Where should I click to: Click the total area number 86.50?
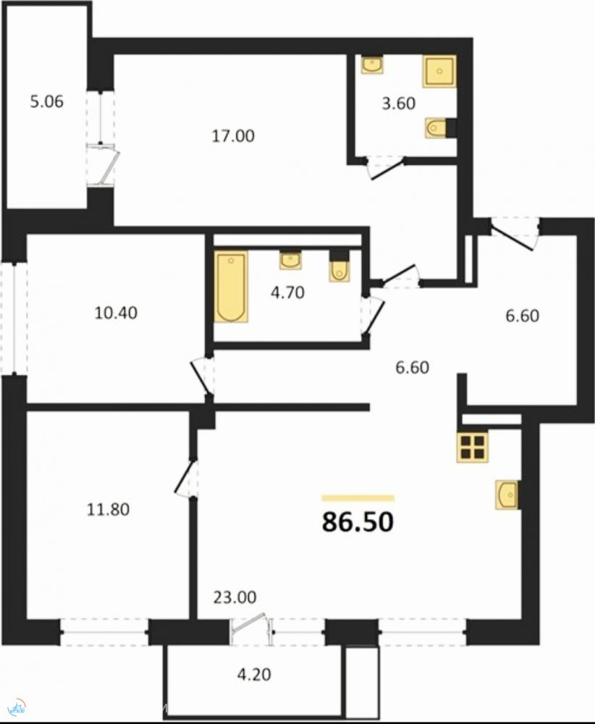(358, 522)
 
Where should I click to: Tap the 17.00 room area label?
(233, 136)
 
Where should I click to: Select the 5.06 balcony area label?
(46, 101)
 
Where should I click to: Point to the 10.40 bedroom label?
(116, 313)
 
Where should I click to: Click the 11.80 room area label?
(108, 510)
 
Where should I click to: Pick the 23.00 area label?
(235, 597)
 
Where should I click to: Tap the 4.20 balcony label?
(254, 675)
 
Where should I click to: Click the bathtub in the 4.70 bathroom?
(231, 286)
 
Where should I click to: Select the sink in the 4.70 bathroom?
(290, 260)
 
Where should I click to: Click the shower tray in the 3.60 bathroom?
(439, 71)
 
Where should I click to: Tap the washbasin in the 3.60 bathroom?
(371, 64)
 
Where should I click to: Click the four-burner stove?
(473, 447)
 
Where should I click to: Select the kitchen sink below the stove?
(507, 494)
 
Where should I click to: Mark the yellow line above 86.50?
(358, 498)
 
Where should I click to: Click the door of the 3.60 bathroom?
(385, 169)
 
